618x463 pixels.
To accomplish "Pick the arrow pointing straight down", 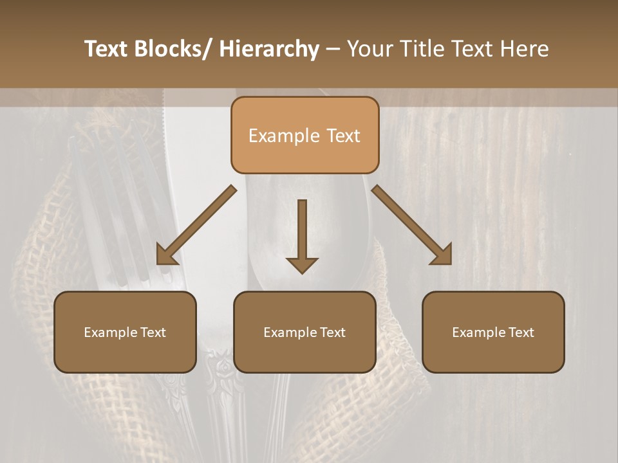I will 302,235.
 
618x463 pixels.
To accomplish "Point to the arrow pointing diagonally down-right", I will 412,225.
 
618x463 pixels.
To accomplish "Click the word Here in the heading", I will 524,50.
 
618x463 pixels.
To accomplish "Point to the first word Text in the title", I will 108,50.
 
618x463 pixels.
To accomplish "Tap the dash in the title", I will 333,50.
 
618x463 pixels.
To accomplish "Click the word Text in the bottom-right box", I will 521,332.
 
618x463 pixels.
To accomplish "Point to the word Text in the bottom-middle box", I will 332,332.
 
